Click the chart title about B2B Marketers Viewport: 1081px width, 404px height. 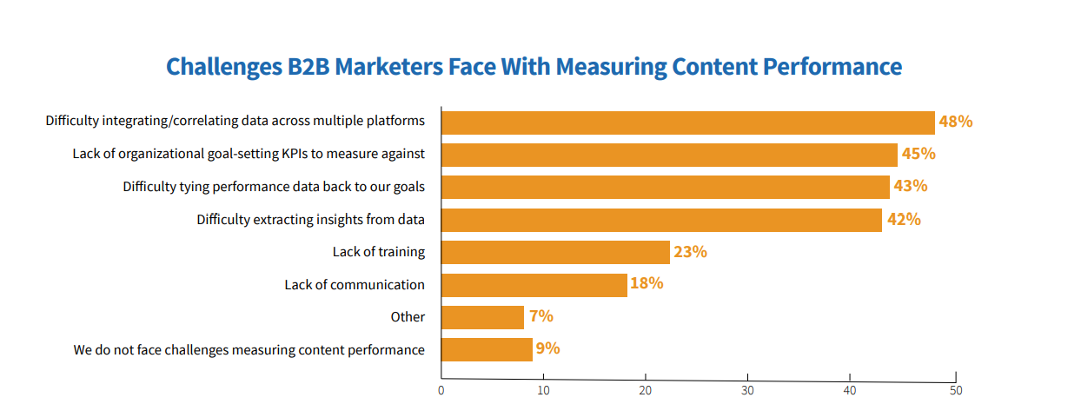coord(534,67)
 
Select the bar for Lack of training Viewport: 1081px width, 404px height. coord(555,252)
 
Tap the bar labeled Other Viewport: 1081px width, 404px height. coord(482,317)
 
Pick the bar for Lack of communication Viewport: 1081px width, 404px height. coord(534,285)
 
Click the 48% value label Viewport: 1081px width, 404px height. coord(955,122)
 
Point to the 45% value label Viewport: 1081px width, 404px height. coord(918,155)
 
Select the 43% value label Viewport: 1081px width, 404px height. coord(911,187)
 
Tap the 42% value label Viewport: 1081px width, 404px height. coord(903,220)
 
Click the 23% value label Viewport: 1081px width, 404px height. coord(690,252)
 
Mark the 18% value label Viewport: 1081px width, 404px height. coord(647,284)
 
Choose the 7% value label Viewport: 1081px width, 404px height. coord(540,317)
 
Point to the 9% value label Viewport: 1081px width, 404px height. coord(547,349)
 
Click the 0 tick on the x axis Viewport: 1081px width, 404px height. coord(441,391)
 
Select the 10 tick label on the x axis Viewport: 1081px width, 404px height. coord(543,391)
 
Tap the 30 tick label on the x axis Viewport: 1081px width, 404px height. coord(748,391)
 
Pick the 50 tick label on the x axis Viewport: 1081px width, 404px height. coord(955,391)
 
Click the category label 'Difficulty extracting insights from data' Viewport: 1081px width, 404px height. coord(310,220)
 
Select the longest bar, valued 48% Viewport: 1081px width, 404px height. coord(687,123)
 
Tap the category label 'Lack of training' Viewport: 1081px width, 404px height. coord(378,252)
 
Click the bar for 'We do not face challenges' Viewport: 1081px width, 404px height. coord(487,349)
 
